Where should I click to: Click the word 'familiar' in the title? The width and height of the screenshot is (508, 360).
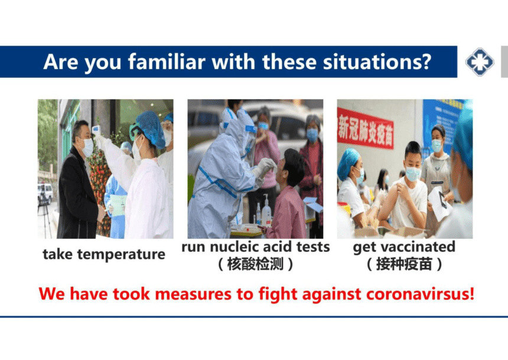(x=167, y=61)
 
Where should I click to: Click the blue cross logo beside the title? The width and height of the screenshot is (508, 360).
(x=480, y=61)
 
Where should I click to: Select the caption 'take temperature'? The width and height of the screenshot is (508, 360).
(x=104, y=254)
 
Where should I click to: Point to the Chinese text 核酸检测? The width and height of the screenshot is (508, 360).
(x=255, y=264)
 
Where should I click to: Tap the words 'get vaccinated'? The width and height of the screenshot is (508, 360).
(x=404, y=248)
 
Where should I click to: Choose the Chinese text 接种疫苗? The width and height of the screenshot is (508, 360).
(x=404, y=264)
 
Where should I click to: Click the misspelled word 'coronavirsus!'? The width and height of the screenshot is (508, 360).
(x=420, y=294)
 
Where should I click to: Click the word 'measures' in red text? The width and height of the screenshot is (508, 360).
(x=193, y=294)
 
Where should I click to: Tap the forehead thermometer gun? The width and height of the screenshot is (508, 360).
(x=96, y=131)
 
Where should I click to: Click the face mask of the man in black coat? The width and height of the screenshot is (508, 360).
(x=87, y=148)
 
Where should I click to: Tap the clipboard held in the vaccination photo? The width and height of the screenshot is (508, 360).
(x=439, y=203)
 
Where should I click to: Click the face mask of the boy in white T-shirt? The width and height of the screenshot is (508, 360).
(x=413, y=174)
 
